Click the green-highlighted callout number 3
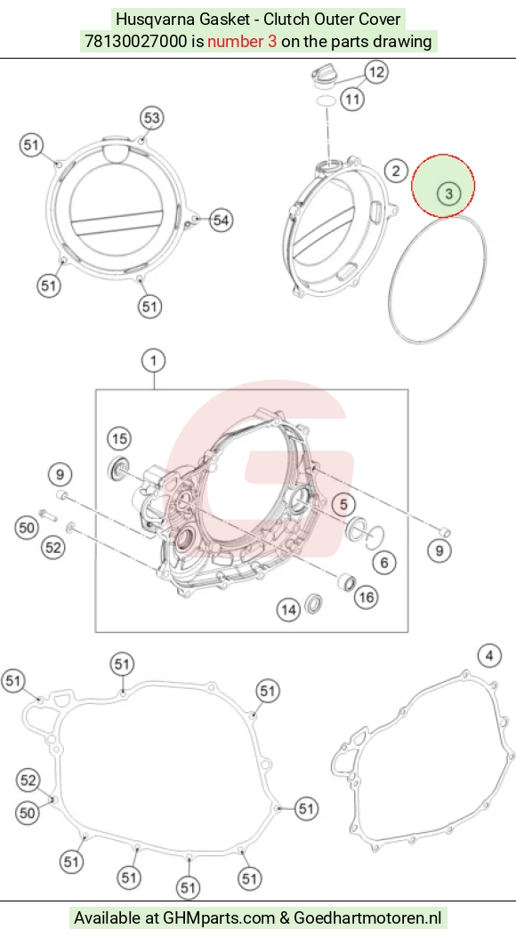point(448,193)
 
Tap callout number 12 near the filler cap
point(376,72)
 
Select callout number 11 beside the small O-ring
point(352,99)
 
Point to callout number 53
point(152,117)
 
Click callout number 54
point(221,220)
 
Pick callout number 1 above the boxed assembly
point(154,361)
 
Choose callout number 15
point(119,439)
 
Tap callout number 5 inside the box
point(343,504)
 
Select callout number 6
point(383,562)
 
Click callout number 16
point(366,597)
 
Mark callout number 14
point(288,610)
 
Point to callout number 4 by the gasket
point(489,656)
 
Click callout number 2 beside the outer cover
point(396,171)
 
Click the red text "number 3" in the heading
point(242,41)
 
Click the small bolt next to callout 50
point(46,513)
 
